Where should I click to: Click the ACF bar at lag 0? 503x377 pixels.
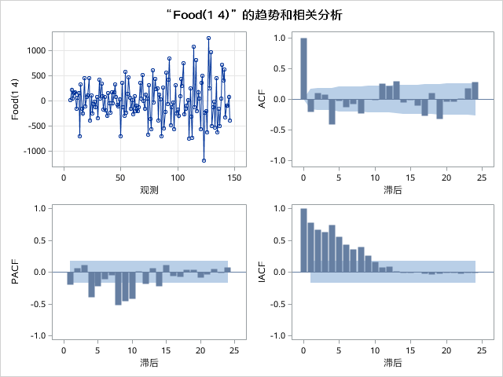pyautogui.click(x=303, y=68)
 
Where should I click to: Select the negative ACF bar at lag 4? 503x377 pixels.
pyautogui.click(x=332, y=112)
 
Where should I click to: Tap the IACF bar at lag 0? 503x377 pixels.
pyautogui.click(x=303, y=240)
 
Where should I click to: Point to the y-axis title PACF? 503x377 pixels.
pyautogui.click(x=16, y=272)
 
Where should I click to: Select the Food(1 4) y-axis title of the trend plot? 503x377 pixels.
pyautogui.click(x=16, y=100)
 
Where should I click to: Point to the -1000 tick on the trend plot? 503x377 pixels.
pyautogui.click(x=34, y=151)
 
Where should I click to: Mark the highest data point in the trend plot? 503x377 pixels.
pyautogui.click(x=208, y=38)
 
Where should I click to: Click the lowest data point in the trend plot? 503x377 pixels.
pyautogui.click(x=204, y=160)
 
